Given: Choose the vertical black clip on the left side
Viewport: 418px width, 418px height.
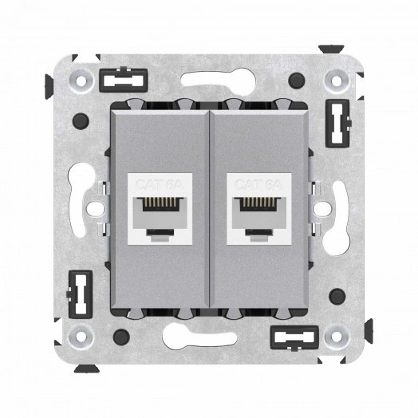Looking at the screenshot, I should (80, 291).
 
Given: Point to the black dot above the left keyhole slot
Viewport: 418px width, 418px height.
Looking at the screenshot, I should (80, 123).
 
